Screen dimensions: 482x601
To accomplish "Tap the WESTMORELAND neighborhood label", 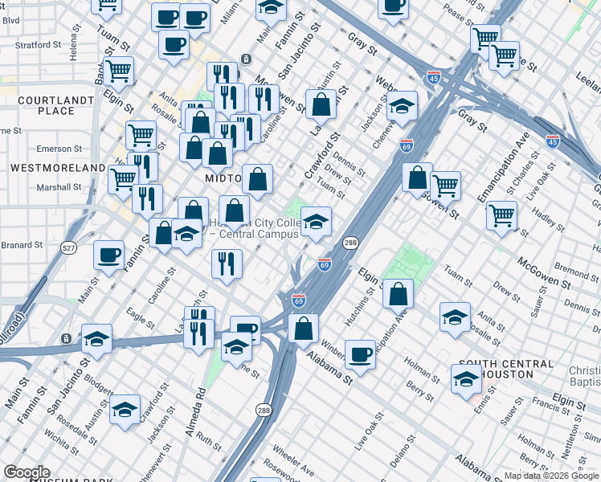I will [x=58, y=168].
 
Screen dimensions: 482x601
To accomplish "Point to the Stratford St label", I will [x=39, y=45].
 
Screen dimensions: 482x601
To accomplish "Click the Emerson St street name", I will [x=59, y=149].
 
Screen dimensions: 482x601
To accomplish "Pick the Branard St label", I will [x=21, y=245].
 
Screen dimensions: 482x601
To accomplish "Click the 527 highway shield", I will [x=69, y=249].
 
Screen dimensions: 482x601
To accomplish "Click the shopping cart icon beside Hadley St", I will [x=501, y=214].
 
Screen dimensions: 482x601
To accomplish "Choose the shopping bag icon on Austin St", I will [x=321, y=104].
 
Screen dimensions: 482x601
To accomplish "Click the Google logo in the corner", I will [x=27, y=472].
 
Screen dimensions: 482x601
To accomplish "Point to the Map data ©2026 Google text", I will [x=551, y=476].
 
